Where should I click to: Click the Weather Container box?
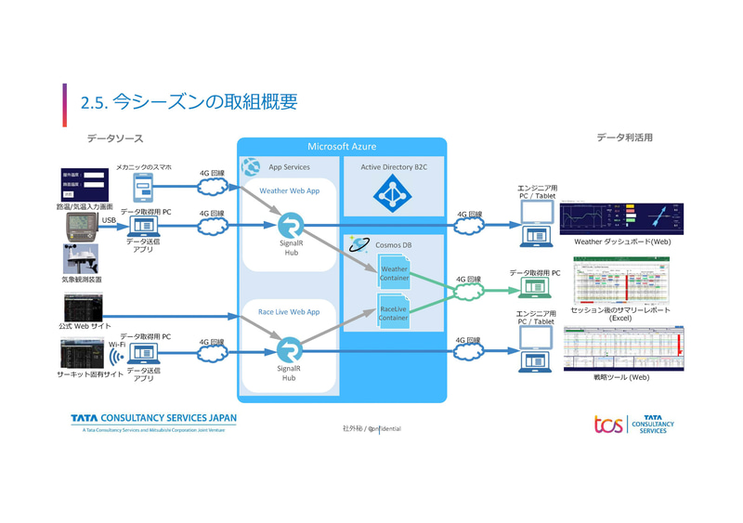pyautogui.click(x=394, y=273)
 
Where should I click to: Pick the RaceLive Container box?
pyautogui.click(x=394, y=312)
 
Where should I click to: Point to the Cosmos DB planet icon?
pyautogui.click(x=358, y=244)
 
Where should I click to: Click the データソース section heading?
pyautogui.click(x=115, y=138)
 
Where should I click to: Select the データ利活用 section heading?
pyautogui.click(x=624, y=137)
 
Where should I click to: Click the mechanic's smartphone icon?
pyautogui.click(x=142, y=189)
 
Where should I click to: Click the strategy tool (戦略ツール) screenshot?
pyautogui.click(x=623, y=348)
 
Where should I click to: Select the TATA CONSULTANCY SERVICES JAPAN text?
pyautogui.click(x=153, y=419)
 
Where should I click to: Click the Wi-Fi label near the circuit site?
pyautogui.click(x=117, y=344)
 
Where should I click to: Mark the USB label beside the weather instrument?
pyautogui.click(x=109, y=220)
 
